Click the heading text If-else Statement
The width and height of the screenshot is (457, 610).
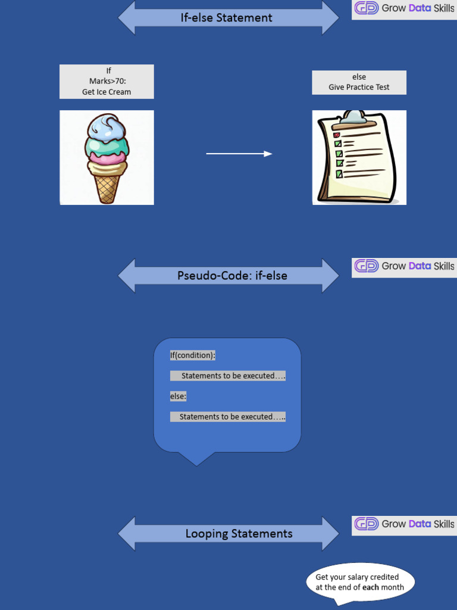(227, 18)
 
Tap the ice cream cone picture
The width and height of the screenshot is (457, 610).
(107, 157)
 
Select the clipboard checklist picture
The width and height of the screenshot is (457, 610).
(359, 157)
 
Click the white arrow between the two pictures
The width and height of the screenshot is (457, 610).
(239, 154)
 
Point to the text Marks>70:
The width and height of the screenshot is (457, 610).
(107, 82)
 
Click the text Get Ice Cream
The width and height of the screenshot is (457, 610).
(107, 92)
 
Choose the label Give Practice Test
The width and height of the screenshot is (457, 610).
(359, 87)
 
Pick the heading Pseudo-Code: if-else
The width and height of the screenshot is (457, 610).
(232, 276)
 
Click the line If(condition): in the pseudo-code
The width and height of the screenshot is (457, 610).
(193, 356)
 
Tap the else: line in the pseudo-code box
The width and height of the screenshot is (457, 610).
(179, 396)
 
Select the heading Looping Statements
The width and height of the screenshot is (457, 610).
(239, 534)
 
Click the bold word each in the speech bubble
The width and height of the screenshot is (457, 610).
(371, 587)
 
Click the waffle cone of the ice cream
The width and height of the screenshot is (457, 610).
(107, 186)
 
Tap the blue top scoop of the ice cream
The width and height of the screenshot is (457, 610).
(106, 127)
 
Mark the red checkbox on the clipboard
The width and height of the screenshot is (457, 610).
(336, 135)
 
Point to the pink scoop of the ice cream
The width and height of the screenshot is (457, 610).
(106, 157)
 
